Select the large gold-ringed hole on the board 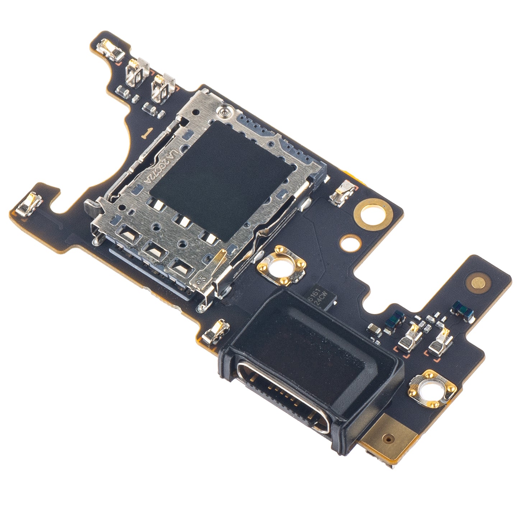(x=373, y=215)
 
